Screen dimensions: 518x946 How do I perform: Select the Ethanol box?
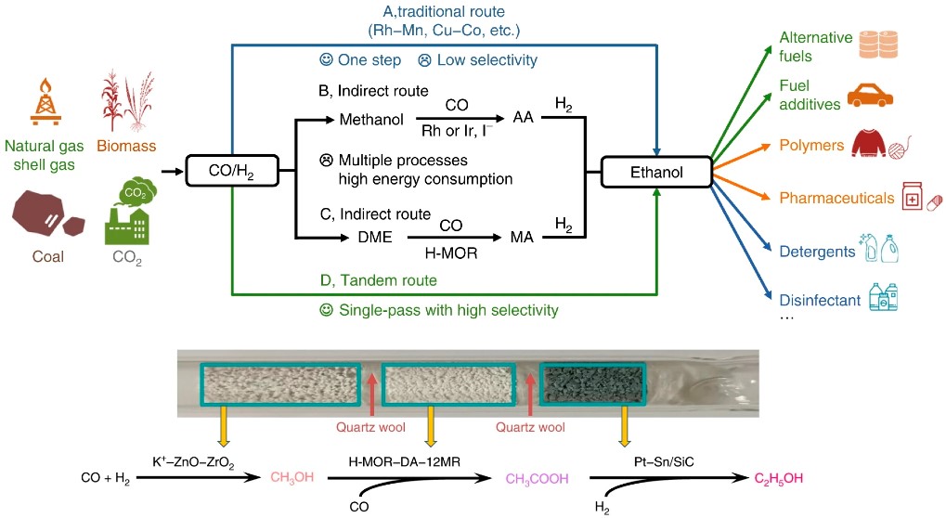[656, 172]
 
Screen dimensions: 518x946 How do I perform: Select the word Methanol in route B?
[370, 119]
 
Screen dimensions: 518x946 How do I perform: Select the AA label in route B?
[524, 119]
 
